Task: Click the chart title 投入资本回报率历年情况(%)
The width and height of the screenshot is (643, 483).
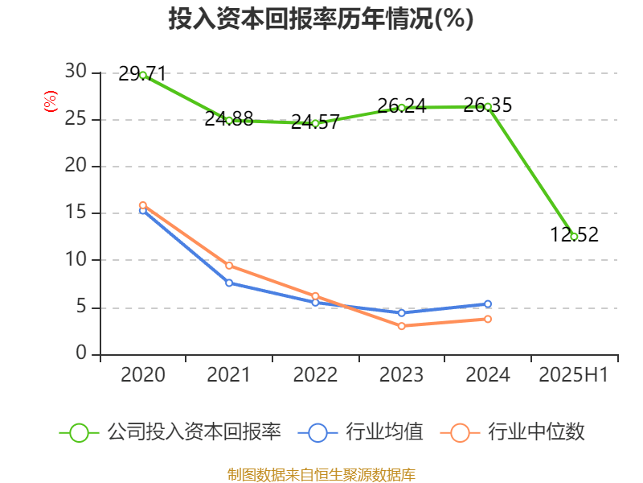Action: [321, 19]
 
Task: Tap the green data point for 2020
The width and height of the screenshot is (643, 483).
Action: [143, 75]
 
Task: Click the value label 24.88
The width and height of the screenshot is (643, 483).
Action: [228, 119]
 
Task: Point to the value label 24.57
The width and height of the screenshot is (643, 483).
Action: [314, 122]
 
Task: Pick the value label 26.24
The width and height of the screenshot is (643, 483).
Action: [401, 105]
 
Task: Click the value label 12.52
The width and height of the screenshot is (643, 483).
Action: [574, 234]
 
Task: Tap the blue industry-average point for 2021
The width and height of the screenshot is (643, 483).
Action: [229, 283]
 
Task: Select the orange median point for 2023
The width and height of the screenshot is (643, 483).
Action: [401, 326]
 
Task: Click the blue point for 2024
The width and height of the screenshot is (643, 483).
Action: [488, 303]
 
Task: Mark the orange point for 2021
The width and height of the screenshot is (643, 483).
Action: [229, 266]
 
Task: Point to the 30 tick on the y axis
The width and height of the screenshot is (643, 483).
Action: [76, 72]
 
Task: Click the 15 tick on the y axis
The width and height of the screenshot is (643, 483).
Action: [76, 213]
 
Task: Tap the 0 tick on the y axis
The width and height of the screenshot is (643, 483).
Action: [81, 354]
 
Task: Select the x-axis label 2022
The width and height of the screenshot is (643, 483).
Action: [315, 375]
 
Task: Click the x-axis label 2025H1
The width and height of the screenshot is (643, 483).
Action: [574, 375]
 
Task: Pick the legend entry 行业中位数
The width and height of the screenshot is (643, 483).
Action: [514, 432]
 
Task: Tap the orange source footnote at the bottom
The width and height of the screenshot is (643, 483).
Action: [321, 474]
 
